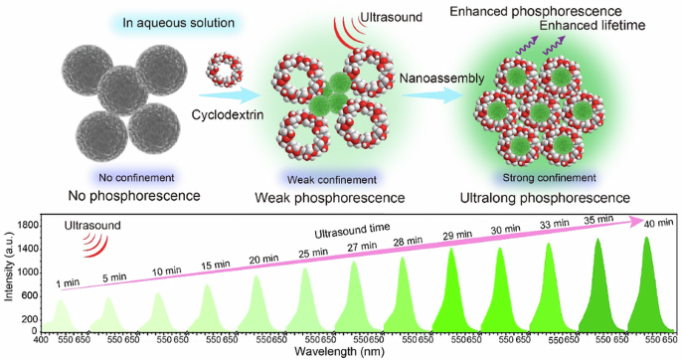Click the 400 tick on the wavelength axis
pos(41,338)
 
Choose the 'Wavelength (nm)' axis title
pos(341,351)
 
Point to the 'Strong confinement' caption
pos(542,178)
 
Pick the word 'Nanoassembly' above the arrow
pos(439,76)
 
